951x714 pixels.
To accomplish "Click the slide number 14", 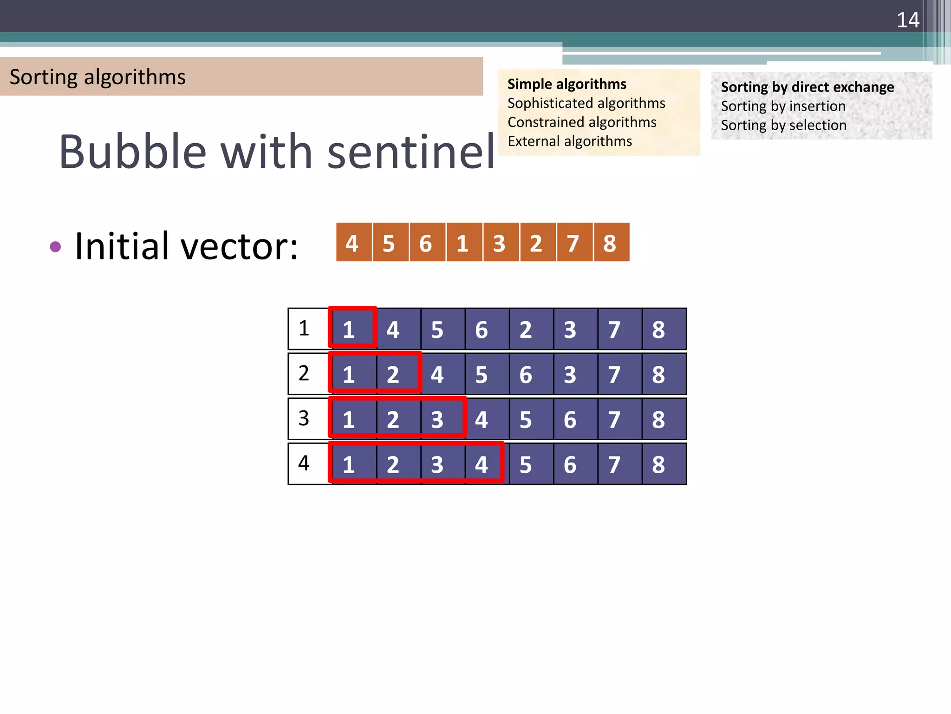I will tap(907, 20).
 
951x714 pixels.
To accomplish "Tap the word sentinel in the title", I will tap(411, 152).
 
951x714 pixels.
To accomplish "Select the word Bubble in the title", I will tap(132, 152).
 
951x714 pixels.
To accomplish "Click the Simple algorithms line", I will tap(567, 84).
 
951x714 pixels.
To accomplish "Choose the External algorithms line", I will tap(569, 141).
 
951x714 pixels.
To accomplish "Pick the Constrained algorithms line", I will tap(581, 122).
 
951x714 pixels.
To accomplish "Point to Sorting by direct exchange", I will tap(807, 87).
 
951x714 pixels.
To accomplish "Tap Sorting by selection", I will tap(783, 126).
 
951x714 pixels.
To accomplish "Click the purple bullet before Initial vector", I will tap(55, 246).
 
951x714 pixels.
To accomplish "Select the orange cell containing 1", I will tap(463, 243).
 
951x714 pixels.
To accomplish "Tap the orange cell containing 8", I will tap(610, 243).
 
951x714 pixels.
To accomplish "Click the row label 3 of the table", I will tap(304, 418).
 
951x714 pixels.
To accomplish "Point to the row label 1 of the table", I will tap(304, 329).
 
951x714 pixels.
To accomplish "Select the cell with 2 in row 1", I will tap(526, 329).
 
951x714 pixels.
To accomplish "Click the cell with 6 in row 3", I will tap(570, 419).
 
